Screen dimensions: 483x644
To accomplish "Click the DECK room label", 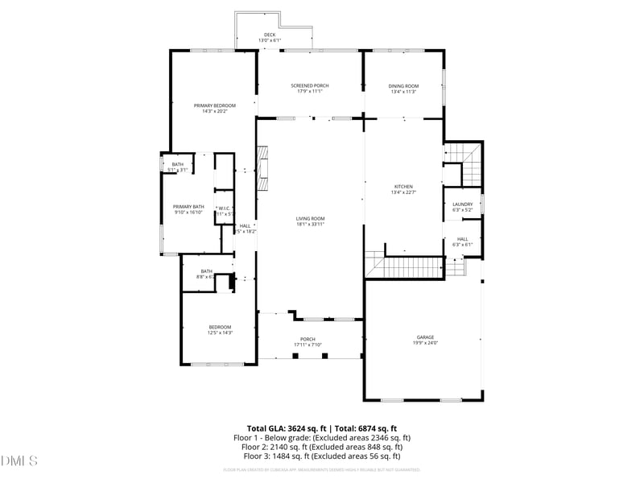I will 270,35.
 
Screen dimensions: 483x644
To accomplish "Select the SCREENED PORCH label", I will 309,85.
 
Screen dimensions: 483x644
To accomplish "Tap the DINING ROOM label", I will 403,85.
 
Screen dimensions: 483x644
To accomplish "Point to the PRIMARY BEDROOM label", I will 215,105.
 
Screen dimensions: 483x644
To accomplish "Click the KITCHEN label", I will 402,186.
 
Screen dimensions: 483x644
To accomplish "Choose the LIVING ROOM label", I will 310,218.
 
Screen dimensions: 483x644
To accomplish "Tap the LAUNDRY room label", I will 462,204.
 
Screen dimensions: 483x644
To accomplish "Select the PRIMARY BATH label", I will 188,207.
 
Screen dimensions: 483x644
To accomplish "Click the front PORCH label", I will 308,339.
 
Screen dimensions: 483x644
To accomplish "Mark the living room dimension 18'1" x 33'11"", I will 310,225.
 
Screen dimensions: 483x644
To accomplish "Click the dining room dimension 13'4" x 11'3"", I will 403,92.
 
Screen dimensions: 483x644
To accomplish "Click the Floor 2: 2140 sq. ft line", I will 317,446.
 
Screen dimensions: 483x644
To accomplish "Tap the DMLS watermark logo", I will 19,461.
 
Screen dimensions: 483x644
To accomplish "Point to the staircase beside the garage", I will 404,266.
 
